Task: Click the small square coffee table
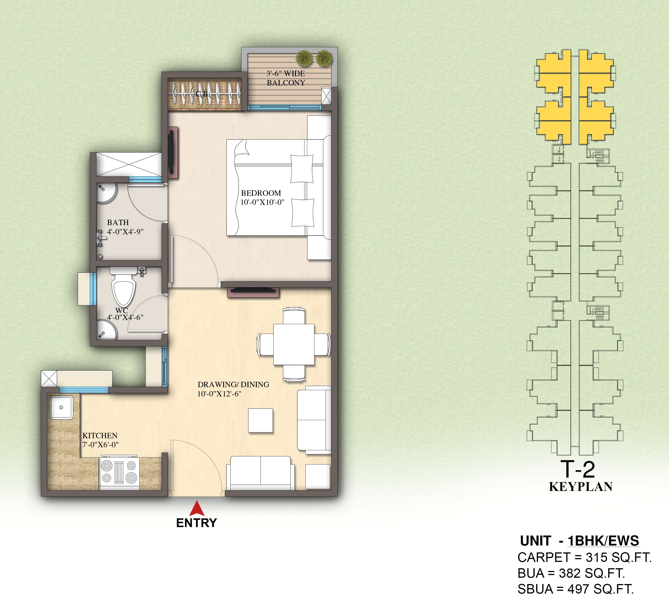coord(260,420)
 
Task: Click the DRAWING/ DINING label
coord(233,384)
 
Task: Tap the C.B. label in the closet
coord(203,94)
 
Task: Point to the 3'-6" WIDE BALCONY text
coord(286,78)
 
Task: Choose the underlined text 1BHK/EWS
coord(603,541)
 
